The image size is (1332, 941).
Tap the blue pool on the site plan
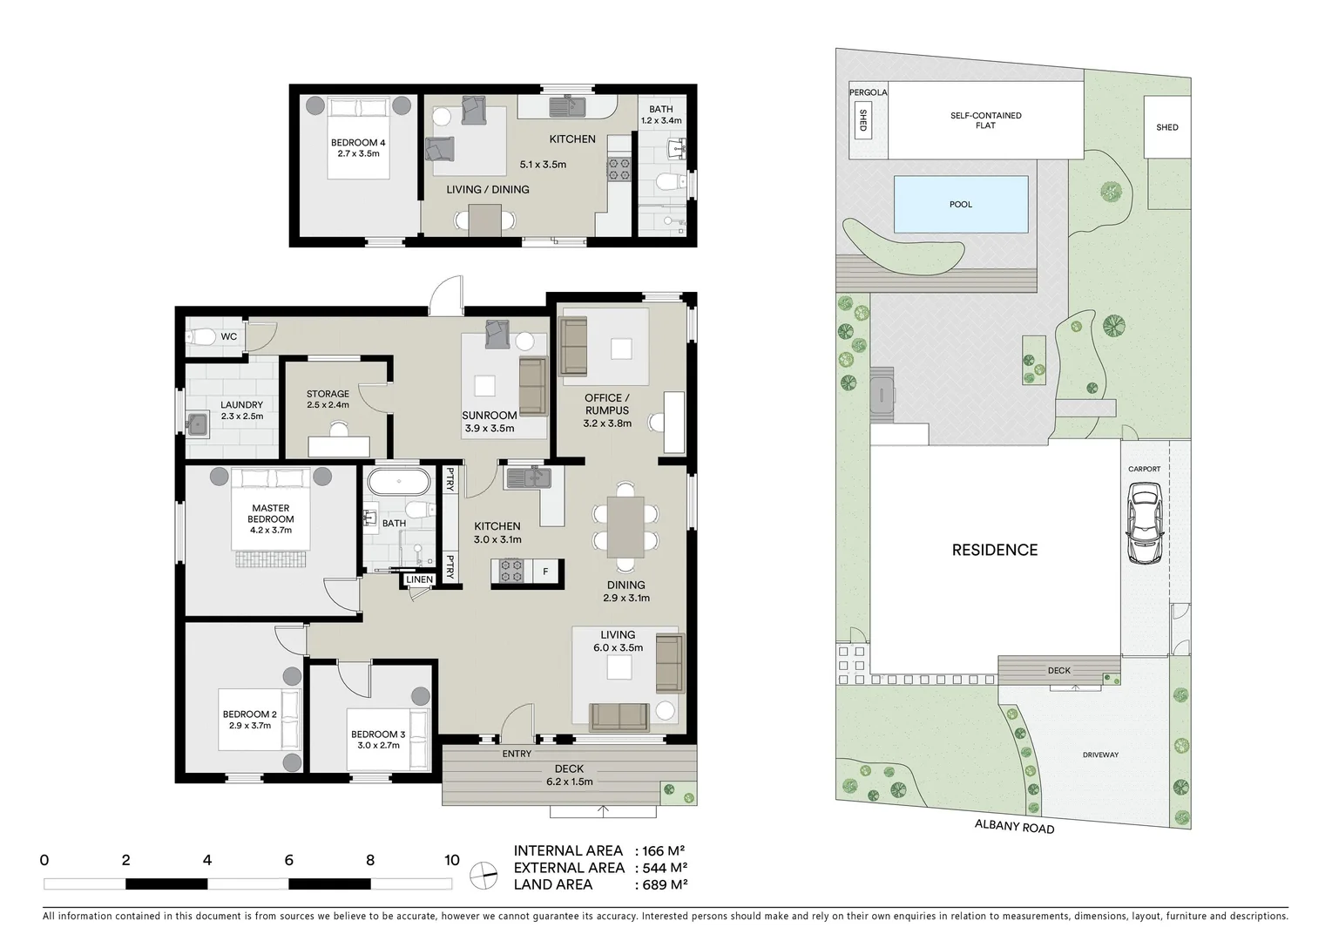[x=960, y=205]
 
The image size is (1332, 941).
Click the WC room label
[x=228, y=336]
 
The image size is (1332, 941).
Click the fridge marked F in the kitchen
[x=545, y=572]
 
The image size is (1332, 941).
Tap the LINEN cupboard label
[x=419, y=579]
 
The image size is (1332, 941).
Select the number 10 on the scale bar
[x=451, y=860]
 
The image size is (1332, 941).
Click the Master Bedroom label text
[x=270, y=513]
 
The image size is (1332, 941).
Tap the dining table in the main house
[x=625, y=526]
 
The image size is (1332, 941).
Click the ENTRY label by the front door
[x=517, y=754]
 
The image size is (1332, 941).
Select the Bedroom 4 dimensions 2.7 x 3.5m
[x=358, y=153]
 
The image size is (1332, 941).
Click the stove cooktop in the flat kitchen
[x=619, y=168]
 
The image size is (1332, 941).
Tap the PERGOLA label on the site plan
[x=868, y=92]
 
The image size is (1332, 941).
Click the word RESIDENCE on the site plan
[x=994, y=550]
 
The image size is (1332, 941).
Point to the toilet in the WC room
[x=201, y=337]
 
